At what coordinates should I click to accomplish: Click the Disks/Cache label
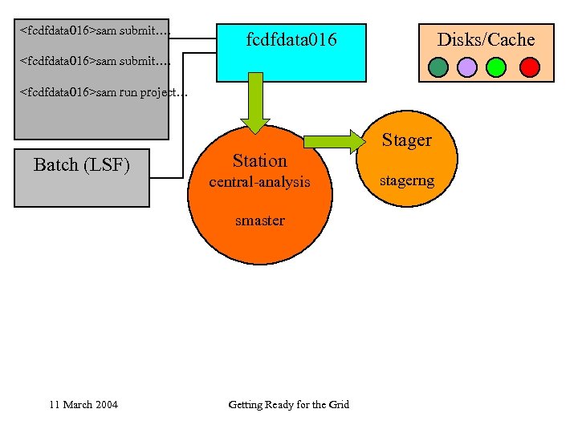(x=486, y=39)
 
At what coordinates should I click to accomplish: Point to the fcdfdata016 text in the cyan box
(x=291, y=39)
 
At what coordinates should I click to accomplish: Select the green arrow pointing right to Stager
(x=333, y=141)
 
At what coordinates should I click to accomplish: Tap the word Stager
(x=406, y=140)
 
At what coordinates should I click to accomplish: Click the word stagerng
(x=406, y=180)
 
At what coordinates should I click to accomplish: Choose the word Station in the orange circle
(x=259, y=160)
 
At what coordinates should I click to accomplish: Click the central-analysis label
(x=259, y=182)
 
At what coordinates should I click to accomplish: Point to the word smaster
(x=259, y=221)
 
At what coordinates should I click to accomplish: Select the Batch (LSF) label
(x=82, y=165)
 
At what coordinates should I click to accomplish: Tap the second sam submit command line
(x=95, y=60)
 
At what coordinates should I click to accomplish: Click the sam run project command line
(x=104, y=92)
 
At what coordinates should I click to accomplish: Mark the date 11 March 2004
(x=83, y=404)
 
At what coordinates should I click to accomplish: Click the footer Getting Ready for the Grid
(x=288, y=404)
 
